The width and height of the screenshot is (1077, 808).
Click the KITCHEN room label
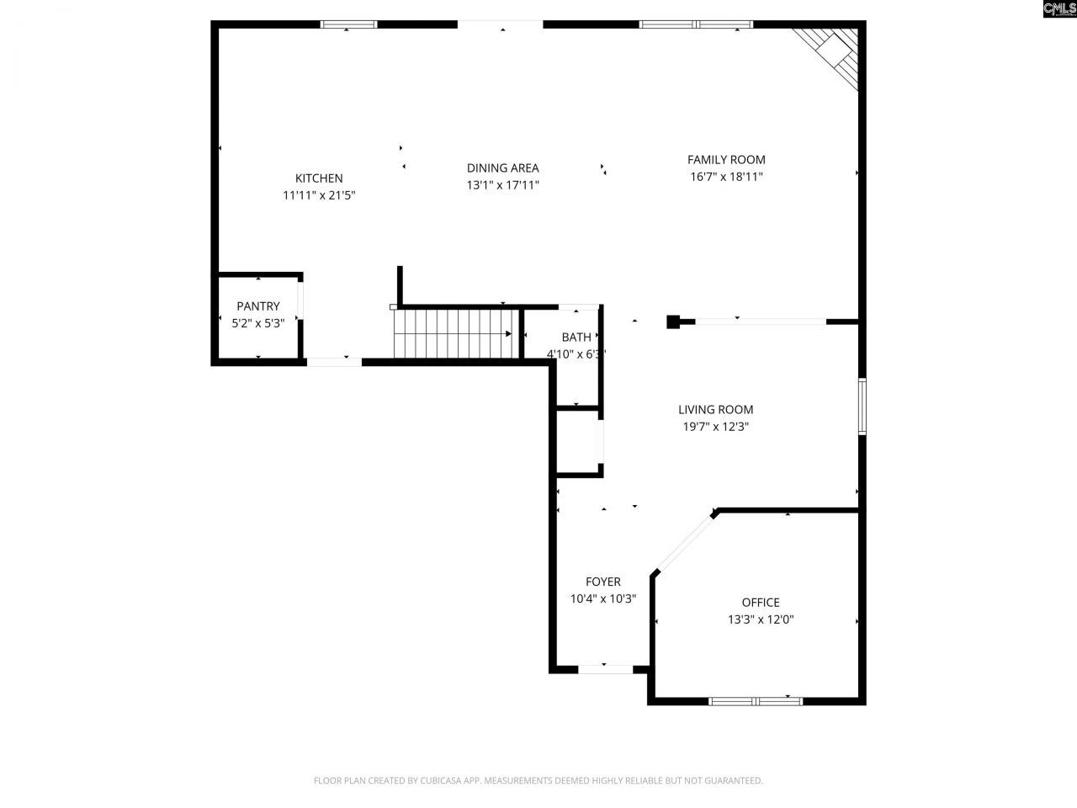[318, 178]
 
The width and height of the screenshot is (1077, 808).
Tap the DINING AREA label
[502, 168]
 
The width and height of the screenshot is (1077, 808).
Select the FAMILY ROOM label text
[726, 160]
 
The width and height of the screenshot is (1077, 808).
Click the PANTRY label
[257, 306]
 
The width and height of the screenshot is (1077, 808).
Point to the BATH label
[576, 338]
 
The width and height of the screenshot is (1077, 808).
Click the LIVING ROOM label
[715, 410]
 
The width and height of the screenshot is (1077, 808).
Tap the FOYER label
[602, 582]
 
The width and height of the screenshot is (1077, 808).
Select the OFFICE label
[760, 603]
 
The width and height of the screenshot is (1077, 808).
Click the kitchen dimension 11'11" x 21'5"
[319, 195]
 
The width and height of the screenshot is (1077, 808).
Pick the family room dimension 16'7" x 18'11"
[726, 177]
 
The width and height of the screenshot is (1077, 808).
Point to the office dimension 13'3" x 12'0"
[761, 619]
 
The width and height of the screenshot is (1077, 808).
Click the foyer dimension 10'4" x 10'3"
[602, 598]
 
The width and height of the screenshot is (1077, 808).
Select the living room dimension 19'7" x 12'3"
[715, 427]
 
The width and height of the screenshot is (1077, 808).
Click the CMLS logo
[1058, 9]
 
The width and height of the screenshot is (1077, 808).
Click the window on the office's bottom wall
[756, 700]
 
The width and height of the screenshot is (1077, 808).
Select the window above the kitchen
[349, 24]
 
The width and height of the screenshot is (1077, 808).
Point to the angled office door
[683, 544]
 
